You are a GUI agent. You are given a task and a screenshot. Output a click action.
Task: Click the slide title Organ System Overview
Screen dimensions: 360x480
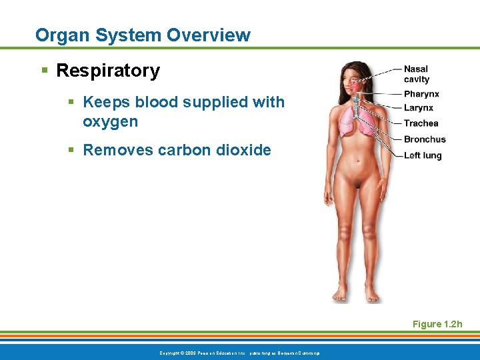click(143, 35)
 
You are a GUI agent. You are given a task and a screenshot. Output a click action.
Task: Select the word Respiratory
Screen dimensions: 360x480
click(108, 71)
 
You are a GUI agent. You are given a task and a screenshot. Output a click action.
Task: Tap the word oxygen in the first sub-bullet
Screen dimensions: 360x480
click(110, 122)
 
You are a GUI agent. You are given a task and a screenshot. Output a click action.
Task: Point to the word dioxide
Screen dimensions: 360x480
click(245, 150)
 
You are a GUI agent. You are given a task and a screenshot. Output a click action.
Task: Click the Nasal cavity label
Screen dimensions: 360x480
click(417, 74)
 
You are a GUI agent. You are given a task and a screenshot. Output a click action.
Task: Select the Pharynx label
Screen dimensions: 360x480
click(421, 94)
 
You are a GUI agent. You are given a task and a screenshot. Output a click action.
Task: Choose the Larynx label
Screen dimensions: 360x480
click(418, 108)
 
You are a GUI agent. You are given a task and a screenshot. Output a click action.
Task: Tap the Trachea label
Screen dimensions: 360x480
click(421, 123)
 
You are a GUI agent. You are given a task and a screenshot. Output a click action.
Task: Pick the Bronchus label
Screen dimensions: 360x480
click(424, 139)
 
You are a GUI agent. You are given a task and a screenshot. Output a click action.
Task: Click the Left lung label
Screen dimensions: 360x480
click(423, 155)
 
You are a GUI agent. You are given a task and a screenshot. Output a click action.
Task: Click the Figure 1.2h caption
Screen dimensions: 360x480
click(437, 324)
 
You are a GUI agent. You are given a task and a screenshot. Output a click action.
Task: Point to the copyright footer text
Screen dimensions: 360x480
click(240, 352)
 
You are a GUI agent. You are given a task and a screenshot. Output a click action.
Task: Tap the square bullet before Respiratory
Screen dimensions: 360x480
click(45, 71)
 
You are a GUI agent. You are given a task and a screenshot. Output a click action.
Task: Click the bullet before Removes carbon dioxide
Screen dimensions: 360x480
click(72, 151)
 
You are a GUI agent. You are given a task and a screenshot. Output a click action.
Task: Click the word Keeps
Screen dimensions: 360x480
click(106, 103)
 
